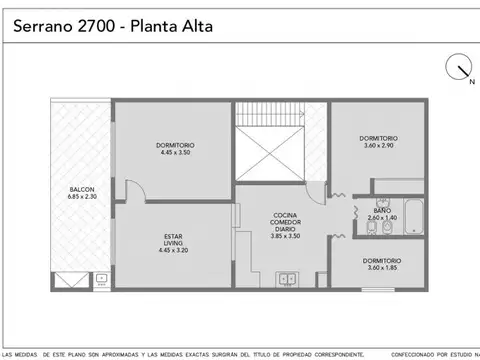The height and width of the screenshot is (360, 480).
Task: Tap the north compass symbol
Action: click(461, 68)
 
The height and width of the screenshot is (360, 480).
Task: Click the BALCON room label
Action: click(82, 189)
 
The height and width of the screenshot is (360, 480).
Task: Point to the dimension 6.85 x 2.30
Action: click(82, 197)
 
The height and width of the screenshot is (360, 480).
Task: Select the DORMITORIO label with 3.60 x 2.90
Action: click(379, 138)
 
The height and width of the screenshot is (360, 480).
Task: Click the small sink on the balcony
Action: click(100, 282)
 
